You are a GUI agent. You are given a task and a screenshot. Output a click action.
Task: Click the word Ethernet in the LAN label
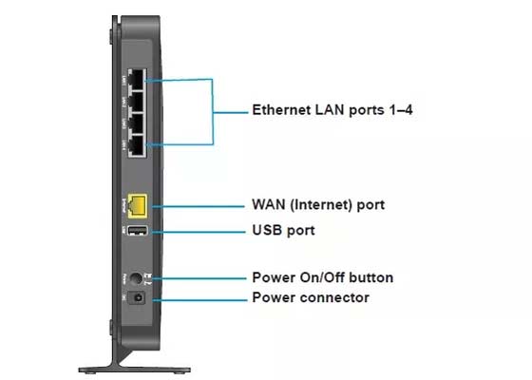(280, 110)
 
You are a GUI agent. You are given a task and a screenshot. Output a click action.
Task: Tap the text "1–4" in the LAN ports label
(396, 110)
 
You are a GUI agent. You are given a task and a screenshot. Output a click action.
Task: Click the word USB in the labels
(267, 230)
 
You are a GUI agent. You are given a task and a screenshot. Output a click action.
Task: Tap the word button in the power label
(371, 278)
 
